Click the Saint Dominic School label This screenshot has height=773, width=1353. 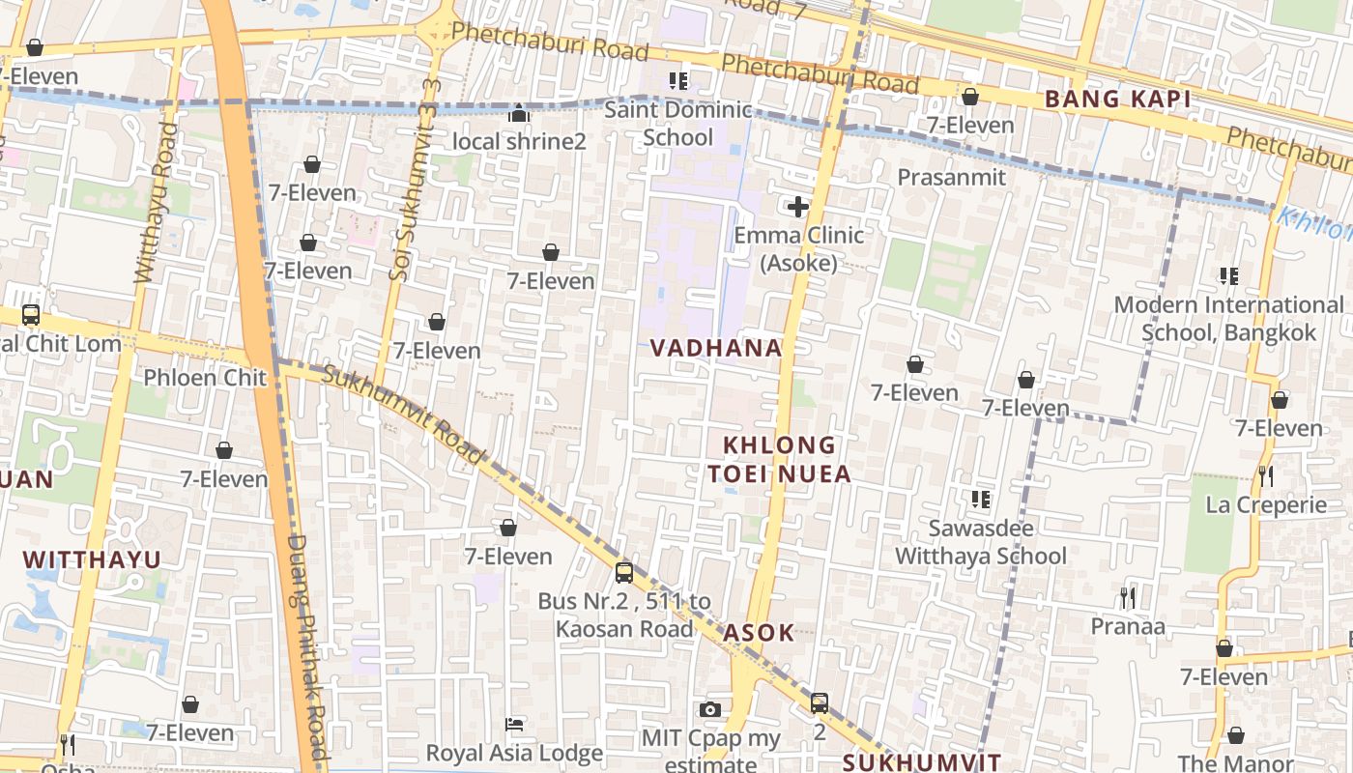[x=677, y=124]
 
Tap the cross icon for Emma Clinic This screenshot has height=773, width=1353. [x=798, y=206]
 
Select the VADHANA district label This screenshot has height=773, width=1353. [x=715, y=348]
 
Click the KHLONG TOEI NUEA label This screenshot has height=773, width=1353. [x=780, y=459]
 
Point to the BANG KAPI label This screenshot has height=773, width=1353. [x=1117, y=99]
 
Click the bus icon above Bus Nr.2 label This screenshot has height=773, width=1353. [x=624, y=572]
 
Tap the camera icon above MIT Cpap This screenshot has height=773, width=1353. [x=710, y=709]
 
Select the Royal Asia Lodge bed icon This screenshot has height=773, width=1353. [x=515, y=725]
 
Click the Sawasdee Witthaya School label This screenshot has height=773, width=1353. [x=981, y=542]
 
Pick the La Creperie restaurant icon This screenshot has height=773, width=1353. [x=1266, y=475]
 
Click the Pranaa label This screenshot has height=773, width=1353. [x=1128, y=626]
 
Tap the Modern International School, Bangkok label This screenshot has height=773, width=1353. [x=1228, y=319]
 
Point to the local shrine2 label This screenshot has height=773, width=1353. [x=519, y=141]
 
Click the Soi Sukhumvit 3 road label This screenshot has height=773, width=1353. [x=404, y=179]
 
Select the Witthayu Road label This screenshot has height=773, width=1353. [x=155, y=203]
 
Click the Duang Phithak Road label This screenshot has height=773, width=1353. [x=306, y=647]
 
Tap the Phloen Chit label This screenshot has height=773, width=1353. [x=204, y=377]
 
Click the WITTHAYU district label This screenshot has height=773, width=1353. [x=92, y=559]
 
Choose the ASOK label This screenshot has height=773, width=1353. [x=759, y=633]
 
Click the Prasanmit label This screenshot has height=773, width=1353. [x=951, y=177]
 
